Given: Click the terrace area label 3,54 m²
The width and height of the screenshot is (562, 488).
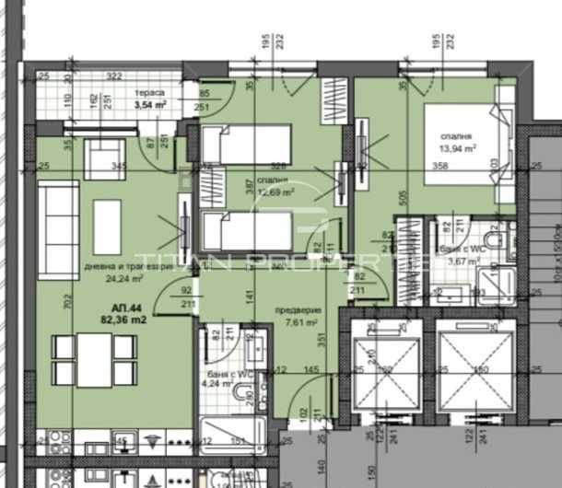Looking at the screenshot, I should (x=150, y=105).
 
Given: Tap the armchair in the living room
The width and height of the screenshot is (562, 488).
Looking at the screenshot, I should (x=99, y=158).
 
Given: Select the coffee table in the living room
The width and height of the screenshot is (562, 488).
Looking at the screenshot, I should (x=108, y=227).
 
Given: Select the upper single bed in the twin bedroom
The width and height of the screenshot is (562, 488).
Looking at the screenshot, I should (x=246, y=145).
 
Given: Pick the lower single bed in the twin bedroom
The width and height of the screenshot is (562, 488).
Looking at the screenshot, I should (x=246, y=231).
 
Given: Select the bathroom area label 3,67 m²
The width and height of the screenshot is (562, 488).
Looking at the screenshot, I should (x=462, y=261).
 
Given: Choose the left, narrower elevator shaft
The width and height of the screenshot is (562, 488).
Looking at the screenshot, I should (x=381, y=372).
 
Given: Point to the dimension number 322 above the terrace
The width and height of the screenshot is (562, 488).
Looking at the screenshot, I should (x=114, y=76).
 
